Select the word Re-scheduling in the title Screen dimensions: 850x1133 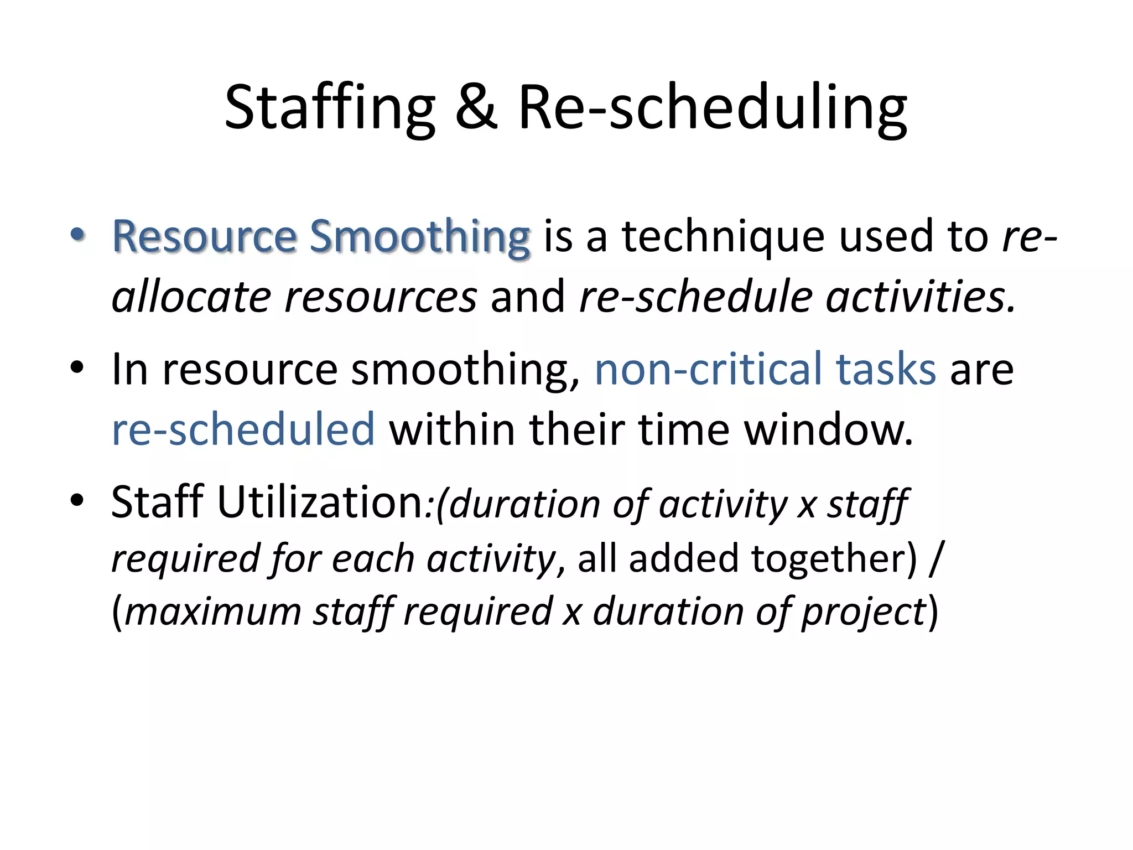pos(712,108)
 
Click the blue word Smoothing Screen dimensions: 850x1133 pos(419,237)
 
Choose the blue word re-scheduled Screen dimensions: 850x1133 pos(243,429)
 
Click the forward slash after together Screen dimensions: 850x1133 pos(935,559)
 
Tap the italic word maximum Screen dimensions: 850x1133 pos(213,612)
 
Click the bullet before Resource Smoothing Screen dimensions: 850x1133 pos(77,235)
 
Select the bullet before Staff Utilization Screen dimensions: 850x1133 pos(77,500)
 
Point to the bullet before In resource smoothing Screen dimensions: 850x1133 pos(77,367)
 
